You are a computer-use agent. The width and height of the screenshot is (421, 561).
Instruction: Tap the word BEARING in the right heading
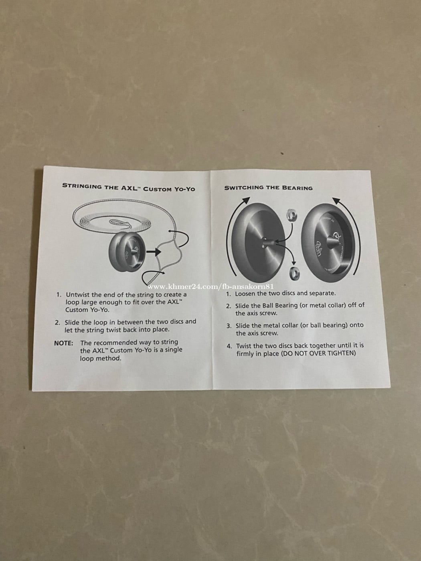[x=297, y=188]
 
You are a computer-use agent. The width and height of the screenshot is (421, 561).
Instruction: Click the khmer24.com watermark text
[x=210, y=287]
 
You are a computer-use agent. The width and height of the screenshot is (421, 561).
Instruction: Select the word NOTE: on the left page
[x=64, y=343]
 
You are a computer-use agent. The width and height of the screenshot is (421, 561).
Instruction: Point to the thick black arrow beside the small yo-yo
[x=154, y=252]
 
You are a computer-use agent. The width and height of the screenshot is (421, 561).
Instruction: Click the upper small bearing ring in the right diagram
[x=292, y=215]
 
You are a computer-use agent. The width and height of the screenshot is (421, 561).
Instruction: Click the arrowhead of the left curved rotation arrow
[x=245, y=201]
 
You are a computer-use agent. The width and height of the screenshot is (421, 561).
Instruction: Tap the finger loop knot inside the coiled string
[x=120, y=223]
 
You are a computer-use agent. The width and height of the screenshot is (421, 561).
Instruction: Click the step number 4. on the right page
[x=229, y=346]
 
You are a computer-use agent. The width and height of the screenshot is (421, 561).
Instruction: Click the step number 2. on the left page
[x=57, y=323]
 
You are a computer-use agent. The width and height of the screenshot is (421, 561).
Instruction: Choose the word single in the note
[x=174, y=350]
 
